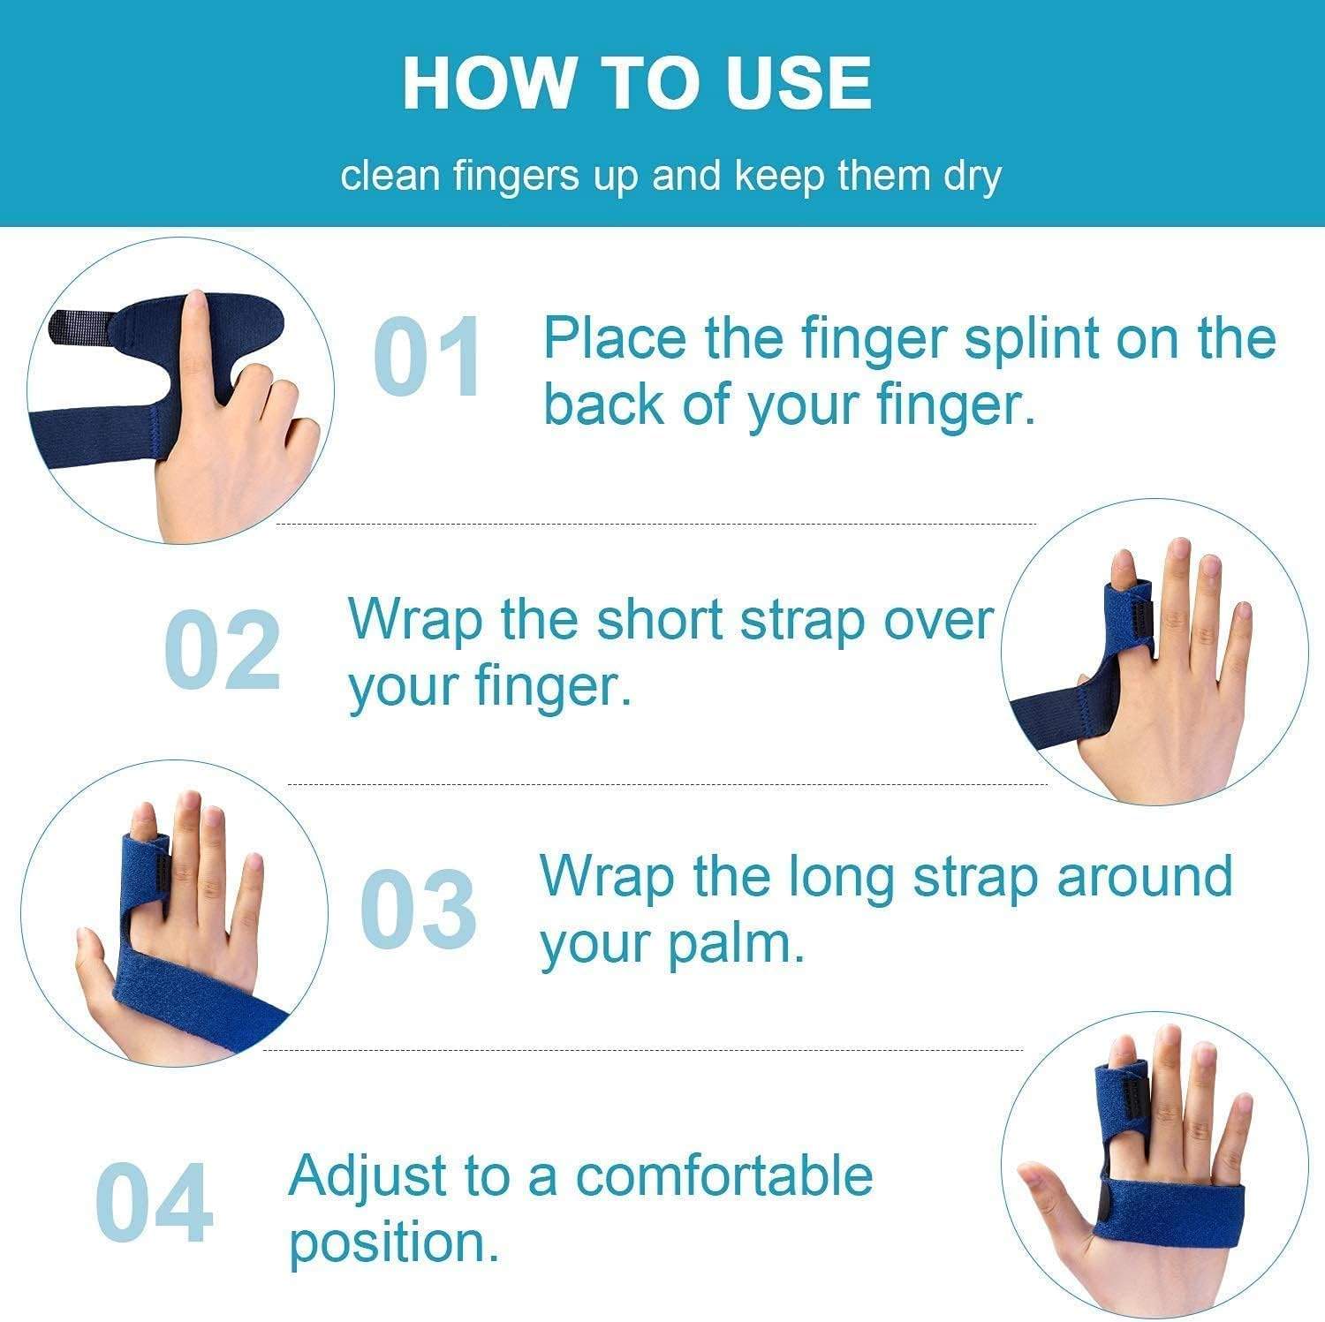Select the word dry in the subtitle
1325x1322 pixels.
pyautogui.click(x=973, y=176)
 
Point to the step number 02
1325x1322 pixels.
pyautogui.click(x=223, y=651)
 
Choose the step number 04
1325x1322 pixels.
pyautogui.click(x=154, y=1204)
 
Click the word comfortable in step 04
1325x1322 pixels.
pyautogui.click(x=724, y=1176)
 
